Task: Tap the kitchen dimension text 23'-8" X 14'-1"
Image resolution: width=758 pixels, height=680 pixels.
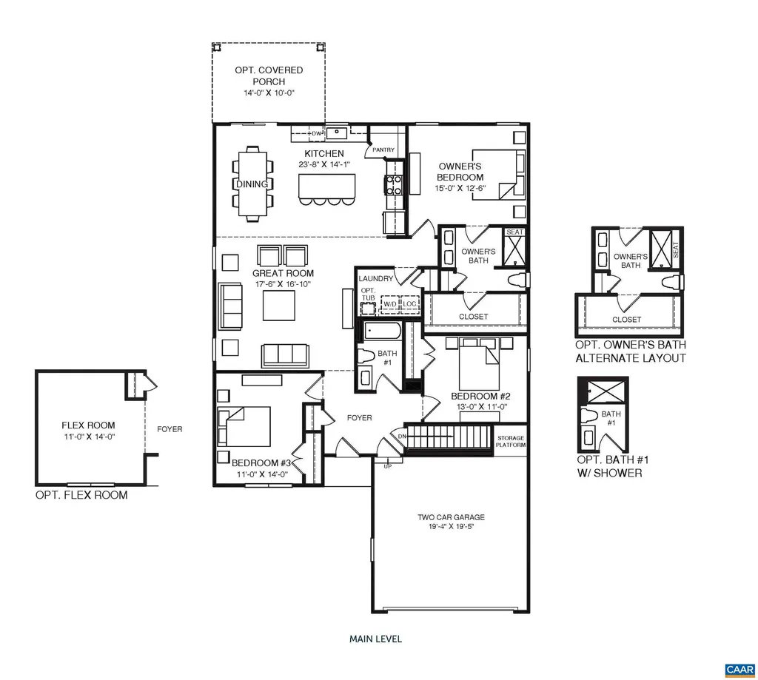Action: pos(324,165)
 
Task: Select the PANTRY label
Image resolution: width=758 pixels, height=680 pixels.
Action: pos(383,149)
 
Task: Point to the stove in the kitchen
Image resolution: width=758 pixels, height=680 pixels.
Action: pos(393,184)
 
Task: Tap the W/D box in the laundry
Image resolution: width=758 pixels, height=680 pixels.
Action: pos(389,304)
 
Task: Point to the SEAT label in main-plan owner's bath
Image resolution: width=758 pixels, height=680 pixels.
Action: pos(514,232)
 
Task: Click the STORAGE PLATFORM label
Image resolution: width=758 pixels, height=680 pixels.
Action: pos(511,442)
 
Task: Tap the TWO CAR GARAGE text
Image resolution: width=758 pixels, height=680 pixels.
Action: pos(451,517)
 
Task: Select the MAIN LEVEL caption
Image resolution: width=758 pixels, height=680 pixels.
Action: pos(375,639)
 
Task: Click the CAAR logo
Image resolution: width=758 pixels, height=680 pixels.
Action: pos(738,669)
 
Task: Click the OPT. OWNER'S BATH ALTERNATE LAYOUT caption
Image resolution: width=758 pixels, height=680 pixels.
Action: pos(631,351)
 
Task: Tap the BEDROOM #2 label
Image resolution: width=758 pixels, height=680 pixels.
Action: pos(477,396)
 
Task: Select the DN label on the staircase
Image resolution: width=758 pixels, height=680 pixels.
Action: pos(403,436)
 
